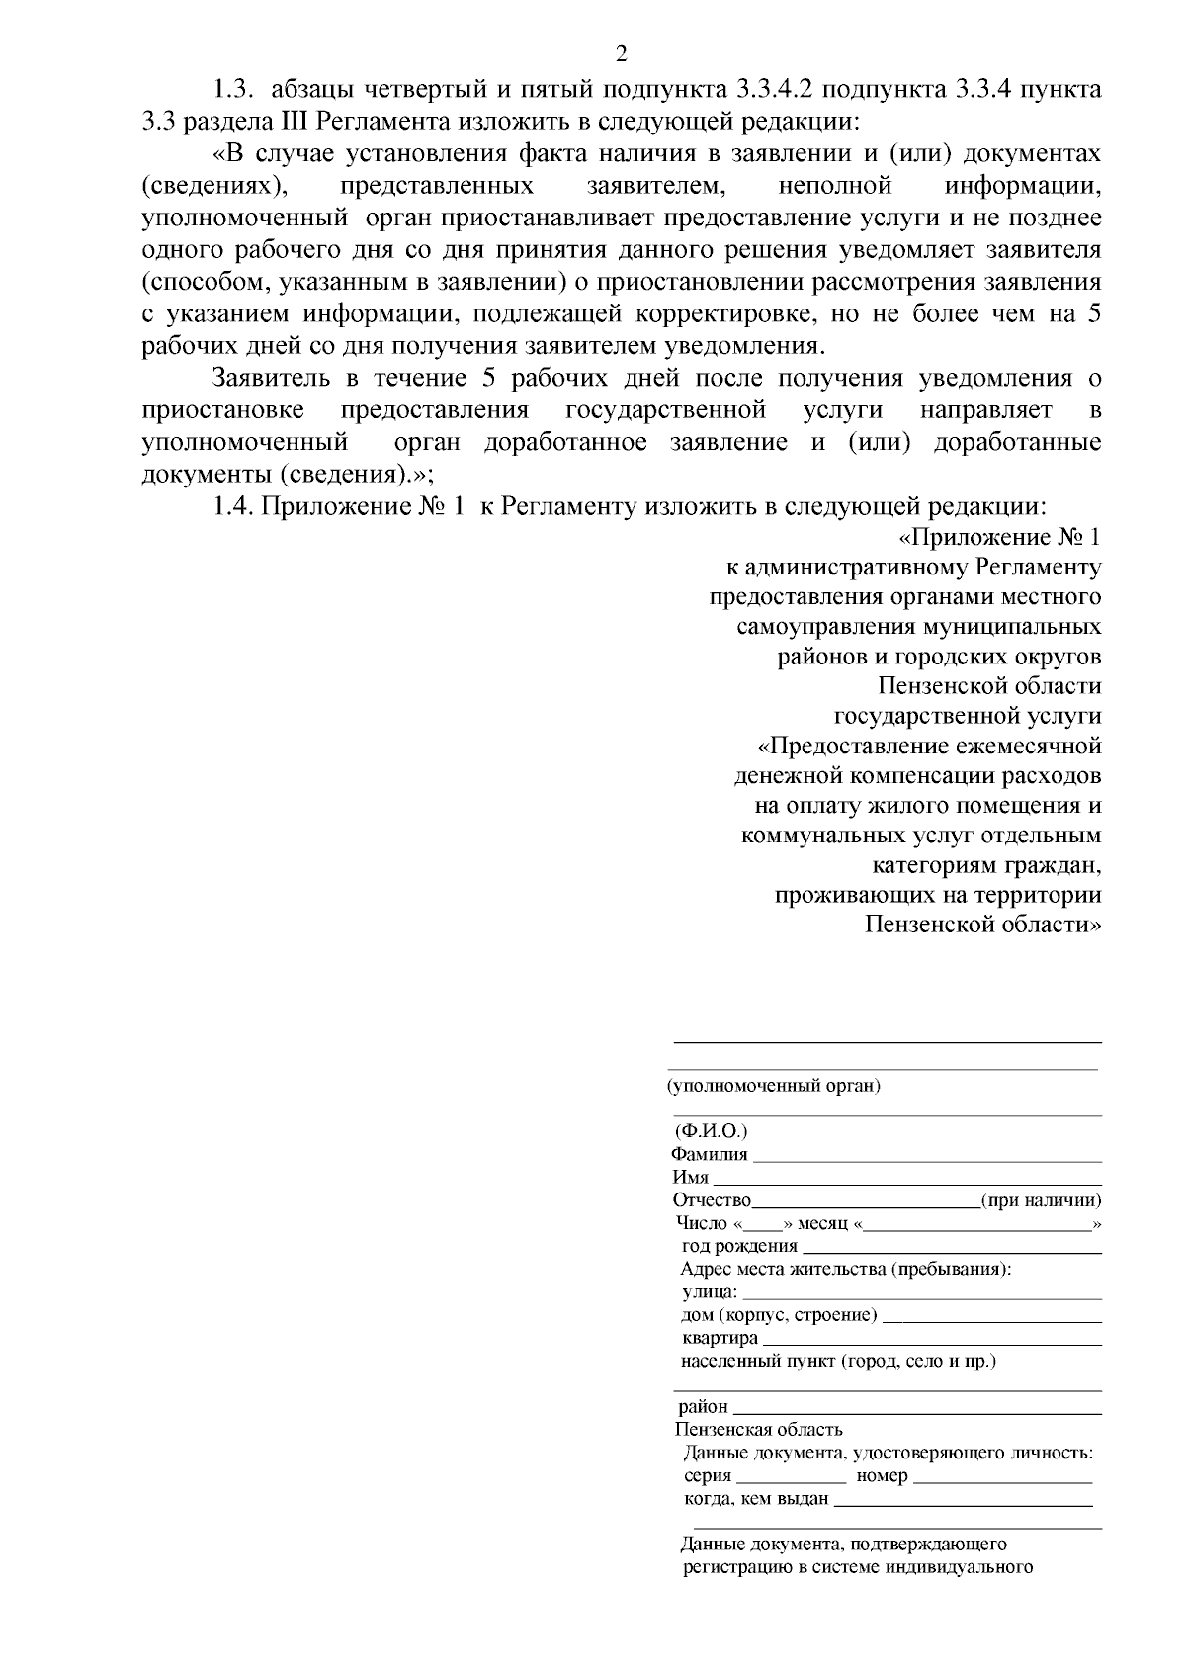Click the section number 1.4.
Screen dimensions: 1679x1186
pos(235,506)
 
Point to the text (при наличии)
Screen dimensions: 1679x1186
pos(1041,1200)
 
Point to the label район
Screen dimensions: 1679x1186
pos(703,1406)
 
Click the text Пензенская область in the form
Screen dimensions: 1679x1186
pos(759,1429)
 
